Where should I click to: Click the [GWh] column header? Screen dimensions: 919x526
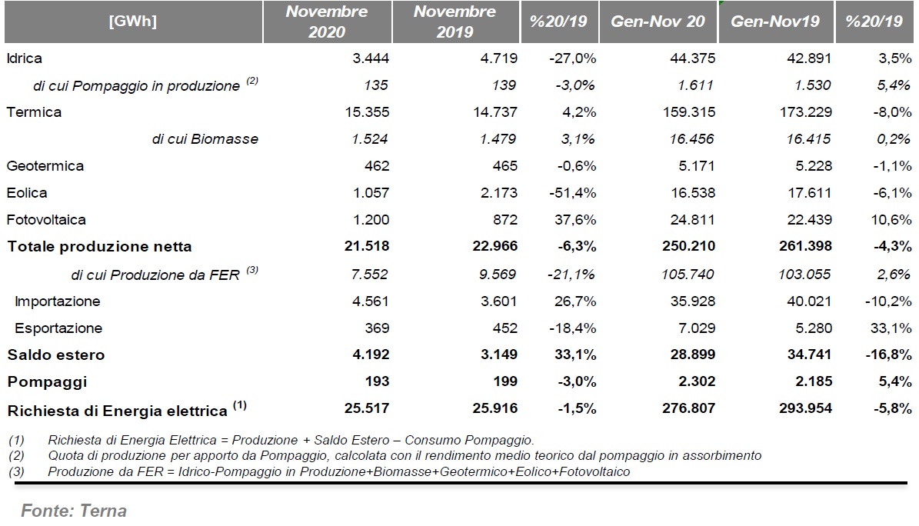click(x=133, y=22)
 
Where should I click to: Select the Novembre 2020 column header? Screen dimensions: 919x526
click(x=326, y=22)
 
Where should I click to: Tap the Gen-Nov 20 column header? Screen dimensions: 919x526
click(x=658, y=22)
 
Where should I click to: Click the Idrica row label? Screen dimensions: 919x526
click(x=24, y=58)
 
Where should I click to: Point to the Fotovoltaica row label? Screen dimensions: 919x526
click(x=45, y=220)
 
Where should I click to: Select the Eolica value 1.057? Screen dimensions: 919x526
click(x=371, y=193)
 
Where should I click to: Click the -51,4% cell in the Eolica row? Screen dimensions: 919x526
click(x=573, y=193)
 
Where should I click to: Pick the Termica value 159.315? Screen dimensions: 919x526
click(x=688, y=112)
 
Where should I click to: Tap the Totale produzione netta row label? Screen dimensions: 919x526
click(x=99, y=247)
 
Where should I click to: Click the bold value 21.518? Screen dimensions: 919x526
click(x=367, y=246)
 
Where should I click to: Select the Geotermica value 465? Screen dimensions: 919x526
click(x=505, y=166)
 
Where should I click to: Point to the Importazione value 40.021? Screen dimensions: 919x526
click(x=809, y=301)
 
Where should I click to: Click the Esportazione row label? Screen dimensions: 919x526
click(x=58, y=328)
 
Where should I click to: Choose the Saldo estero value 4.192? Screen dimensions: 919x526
click(x=371, y=355)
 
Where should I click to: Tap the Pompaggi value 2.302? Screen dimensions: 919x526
click(x=697, y=381)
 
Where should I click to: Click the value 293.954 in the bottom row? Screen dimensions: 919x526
click(x=805, y=408)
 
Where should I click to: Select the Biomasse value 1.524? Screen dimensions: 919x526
click(x=371, y=139)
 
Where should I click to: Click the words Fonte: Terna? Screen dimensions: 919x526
click(x=74, y=511)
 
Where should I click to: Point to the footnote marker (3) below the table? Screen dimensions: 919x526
click(x=17, y=471)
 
